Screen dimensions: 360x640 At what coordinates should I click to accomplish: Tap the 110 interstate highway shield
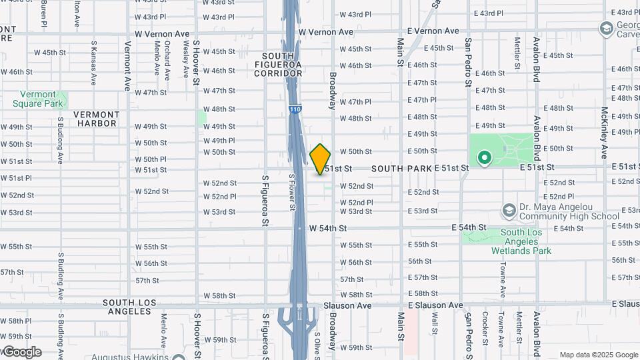[293, 109]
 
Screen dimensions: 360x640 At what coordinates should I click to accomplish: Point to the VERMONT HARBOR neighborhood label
[96, 119]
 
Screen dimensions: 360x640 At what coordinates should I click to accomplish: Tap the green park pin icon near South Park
[484, 159]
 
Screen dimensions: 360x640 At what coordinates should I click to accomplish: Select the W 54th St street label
[328, 228]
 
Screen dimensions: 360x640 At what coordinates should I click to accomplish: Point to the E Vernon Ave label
[433, 31]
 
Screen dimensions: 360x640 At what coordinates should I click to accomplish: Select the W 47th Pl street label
[355, 101]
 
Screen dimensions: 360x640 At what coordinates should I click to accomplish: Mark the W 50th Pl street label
[150, 159]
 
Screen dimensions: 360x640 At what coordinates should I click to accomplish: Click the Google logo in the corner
[21, 352]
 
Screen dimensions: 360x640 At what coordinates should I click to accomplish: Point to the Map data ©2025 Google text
[598, 355]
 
